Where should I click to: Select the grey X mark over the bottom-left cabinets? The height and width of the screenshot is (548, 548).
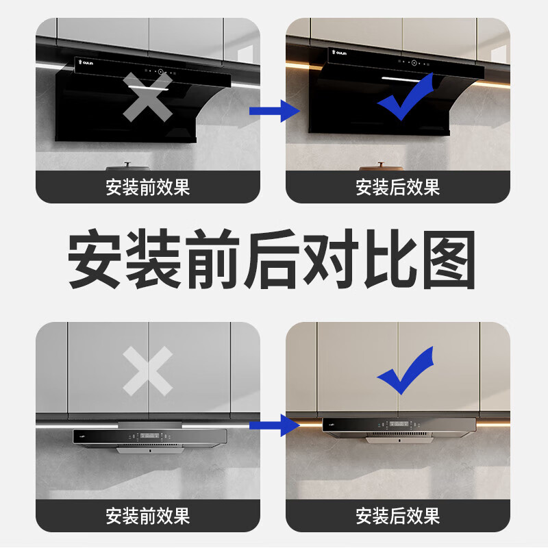pos(147,371)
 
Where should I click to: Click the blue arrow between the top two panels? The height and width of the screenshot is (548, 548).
pos(274,110)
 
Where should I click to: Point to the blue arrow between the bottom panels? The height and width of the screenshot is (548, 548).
pos(274,426)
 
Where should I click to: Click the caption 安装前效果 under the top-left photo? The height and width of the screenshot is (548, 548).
pos(148,187)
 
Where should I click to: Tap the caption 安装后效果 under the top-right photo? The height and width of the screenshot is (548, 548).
pos(397,187)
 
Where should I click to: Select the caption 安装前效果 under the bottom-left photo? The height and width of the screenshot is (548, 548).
pos(148,515)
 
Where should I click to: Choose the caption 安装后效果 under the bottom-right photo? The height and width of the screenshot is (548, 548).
pos(397,515)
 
